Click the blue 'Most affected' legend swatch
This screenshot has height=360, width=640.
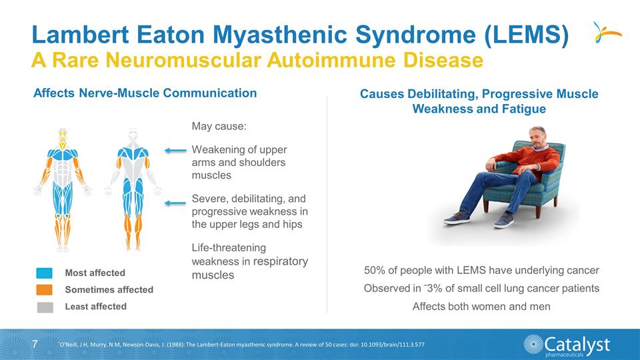[45, 273]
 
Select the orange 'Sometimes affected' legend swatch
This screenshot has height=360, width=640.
[45, 290]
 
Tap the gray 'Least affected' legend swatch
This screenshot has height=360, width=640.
[45, 307]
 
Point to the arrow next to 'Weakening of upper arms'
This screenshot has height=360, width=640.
[176, 151]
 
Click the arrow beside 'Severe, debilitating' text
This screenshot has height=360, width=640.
[176, 203]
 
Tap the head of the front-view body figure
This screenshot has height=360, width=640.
[63, 133]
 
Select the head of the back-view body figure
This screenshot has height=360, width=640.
[133, 133]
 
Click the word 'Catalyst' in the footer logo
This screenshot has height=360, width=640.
[577, 343]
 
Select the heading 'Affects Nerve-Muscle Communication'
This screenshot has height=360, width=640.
[145, 93]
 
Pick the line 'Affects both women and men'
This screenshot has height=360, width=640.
[481, 307]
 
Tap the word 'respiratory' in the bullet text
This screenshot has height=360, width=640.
[280, 261]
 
